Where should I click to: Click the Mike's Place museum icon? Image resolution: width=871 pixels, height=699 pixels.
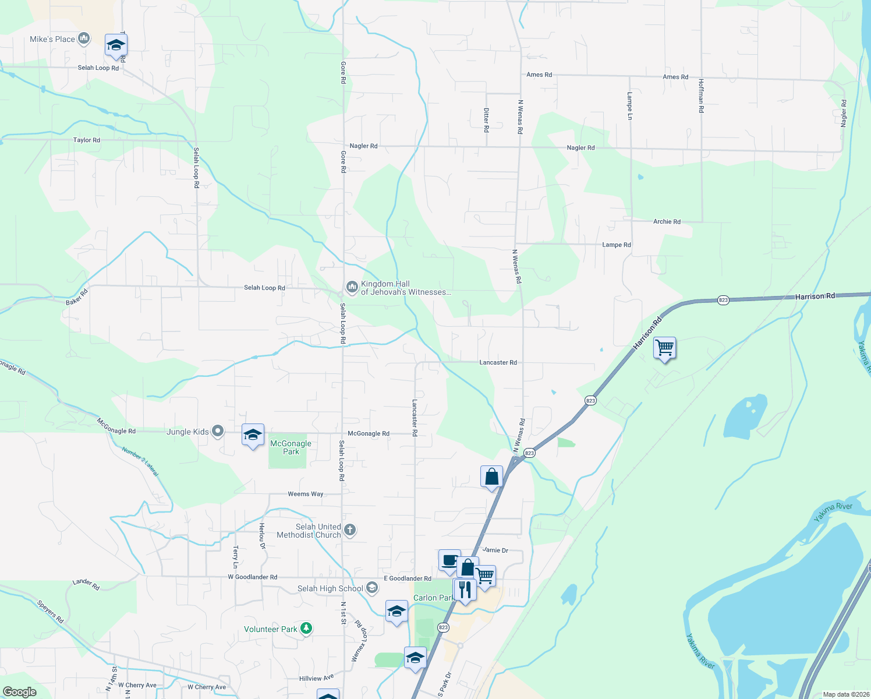click(83, 39)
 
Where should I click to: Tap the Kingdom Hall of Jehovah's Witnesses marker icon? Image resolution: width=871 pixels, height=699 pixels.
click(352, 287)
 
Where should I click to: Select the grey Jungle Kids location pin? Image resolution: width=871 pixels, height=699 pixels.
click(218, 431)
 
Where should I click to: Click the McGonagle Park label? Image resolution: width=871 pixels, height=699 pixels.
click(291, 447)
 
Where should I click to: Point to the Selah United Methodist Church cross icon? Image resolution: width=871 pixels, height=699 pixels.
click(349, 529)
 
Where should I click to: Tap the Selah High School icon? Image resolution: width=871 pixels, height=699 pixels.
click(372, 588)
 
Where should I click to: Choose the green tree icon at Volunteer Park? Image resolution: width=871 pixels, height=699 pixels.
click(306, 629)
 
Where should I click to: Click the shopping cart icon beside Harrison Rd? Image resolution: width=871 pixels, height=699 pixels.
click(664, 348)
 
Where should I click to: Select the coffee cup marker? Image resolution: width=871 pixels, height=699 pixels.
click(449, 560)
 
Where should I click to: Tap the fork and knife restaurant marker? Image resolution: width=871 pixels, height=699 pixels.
click(465, 589)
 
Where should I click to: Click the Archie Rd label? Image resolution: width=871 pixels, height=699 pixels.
click(667, 222)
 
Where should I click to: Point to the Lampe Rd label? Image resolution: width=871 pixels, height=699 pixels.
click(616, 245)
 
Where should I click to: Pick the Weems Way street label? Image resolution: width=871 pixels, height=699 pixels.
click(306, 494)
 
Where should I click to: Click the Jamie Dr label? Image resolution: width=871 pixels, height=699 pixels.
click(495, 550)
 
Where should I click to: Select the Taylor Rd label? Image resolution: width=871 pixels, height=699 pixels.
click(87, 140)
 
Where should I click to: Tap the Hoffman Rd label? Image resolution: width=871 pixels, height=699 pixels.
click(701, 96)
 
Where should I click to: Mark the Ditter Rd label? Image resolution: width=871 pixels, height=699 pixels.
click(486, 119)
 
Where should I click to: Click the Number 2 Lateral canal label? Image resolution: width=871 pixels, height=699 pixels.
click(140, 461)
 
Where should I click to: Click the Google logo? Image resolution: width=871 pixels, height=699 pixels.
click(20, 691)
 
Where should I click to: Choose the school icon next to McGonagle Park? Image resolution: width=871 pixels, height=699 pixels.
click(253, 435)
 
